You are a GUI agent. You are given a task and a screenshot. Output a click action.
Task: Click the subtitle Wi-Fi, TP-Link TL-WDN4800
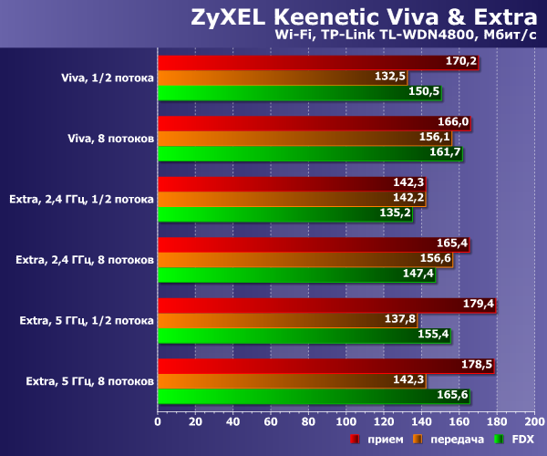[x=405, y=36]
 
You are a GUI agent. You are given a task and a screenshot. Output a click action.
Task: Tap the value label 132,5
[x=390, y=77]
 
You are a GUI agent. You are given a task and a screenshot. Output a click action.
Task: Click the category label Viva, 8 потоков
[x=110, y=138]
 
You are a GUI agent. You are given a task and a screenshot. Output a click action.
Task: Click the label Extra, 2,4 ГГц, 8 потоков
[x=84, y=259]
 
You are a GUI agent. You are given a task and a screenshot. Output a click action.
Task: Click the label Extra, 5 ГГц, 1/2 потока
[x=87, y=320]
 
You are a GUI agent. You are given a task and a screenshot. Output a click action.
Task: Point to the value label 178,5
[x=477, y=365]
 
